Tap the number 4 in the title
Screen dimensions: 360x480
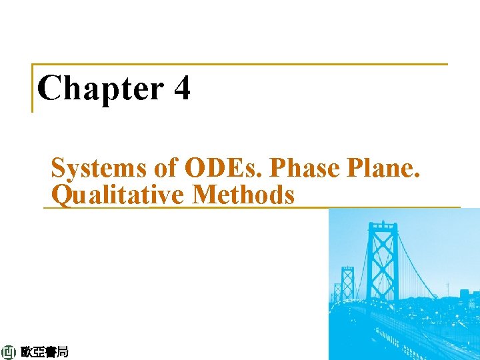pyautogui.click(x=181, y=88)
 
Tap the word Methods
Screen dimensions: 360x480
pyautogui.click(x=243, y=195)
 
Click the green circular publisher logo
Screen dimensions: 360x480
pyautogui.click(x=9, y=352)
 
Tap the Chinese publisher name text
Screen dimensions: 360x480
pyautogui.click(x=44, y=352)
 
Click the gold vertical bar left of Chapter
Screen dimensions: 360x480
pyautogui.click(x=33, y=88)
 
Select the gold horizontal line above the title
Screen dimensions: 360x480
pyautogui.click(x=240, y=65)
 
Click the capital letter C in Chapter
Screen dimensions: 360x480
pyautogui.click(x=48, y=88)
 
